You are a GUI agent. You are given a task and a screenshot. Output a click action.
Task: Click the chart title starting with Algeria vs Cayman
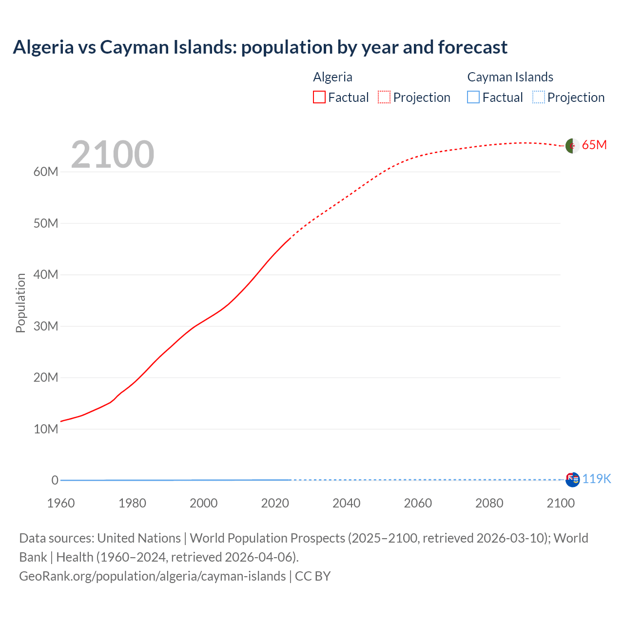[260, 47]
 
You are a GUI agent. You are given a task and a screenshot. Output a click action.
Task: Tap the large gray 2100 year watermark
[113, 155]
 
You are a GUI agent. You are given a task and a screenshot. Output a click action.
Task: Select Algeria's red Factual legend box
[319, 97]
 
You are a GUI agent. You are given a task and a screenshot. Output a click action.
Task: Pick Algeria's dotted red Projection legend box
[384, 97]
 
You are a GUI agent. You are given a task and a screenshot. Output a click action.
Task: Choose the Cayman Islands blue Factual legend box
[473, 97]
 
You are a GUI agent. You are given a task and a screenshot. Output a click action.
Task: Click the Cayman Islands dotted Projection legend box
[538, 97]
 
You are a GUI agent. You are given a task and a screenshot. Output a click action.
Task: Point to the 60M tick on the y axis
[46, 172]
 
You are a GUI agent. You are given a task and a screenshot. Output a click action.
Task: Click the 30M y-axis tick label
[46, 326]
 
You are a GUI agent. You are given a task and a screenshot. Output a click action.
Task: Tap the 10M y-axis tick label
[46, 429]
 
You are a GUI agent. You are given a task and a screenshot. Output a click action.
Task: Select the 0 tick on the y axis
[55, 480]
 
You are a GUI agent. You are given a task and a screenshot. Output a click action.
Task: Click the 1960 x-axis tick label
[61, 503]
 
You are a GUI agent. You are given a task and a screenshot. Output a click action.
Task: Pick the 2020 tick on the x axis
[275, 503]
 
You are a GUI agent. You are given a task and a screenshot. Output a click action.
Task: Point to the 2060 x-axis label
[418, 503]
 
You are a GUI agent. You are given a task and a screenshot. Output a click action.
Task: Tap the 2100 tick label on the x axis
[561, 503]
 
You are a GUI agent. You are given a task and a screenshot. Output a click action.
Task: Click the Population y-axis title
[20, 303]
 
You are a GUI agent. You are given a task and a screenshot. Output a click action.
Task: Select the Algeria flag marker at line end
[572, 145]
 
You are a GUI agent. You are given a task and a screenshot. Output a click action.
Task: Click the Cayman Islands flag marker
[572, 479]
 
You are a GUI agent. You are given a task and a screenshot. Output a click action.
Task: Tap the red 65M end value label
[594, 145]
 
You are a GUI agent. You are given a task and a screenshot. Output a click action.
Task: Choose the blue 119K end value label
[596, 479]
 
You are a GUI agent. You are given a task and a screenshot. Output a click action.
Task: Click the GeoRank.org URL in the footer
[152, 576]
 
